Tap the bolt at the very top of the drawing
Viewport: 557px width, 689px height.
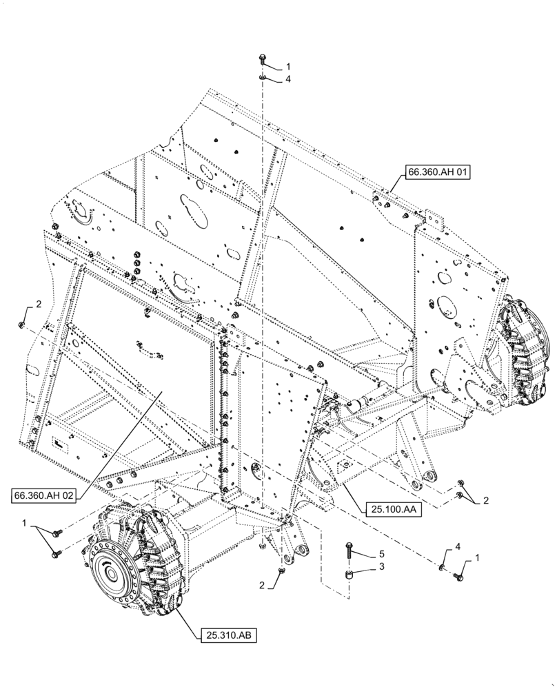coord(263,60)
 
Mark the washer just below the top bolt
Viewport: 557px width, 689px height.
coord(263,77)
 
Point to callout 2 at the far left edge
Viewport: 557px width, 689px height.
coord(39,304)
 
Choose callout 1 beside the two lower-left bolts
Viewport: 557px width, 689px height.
coord(25,524)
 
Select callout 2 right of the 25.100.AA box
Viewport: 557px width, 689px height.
coord(485,501)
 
